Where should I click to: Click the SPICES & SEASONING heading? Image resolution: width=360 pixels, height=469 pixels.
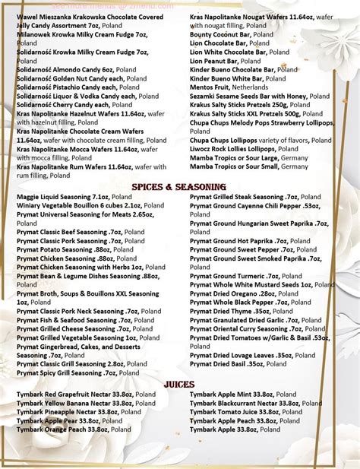[180, 186]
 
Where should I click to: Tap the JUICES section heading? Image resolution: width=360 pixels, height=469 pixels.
[179, 384]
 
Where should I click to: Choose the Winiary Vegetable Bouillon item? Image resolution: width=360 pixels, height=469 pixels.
[79, 205]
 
